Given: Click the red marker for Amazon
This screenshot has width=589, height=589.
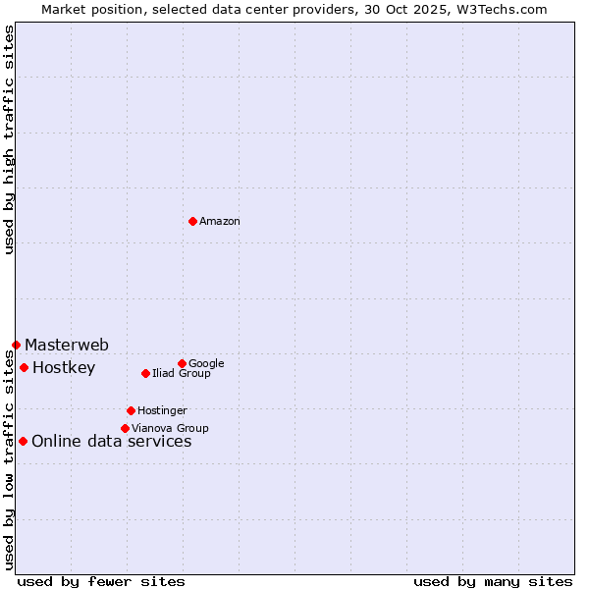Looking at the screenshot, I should [x=192, y=221].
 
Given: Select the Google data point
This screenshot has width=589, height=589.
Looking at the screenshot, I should [x=182, y=363].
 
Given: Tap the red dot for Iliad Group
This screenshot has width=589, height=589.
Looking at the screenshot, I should [x=145, y=373].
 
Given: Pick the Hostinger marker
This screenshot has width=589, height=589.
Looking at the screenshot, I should [x=131, y=410].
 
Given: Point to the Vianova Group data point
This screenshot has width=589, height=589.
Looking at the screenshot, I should [x=125, y=428].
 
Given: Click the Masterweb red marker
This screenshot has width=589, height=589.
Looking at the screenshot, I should [x=16, y=345].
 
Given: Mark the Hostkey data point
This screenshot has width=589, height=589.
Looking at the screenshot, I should [x=24, y=367].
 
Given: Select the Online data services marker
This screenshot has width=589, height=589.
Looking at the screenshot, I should [x=23, y=441].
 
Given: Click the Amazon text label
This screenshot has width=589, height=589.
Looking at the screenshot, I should [x=220, y=222].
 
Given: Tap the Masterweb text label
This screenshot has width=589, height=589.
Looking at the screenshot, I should [x=67, y=345].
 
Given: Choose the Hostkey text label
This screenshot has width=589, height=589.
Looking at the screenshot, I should [x=64, y=368].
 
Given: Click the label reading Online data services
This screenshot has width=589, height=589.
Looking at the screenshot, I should [x=112, y=442].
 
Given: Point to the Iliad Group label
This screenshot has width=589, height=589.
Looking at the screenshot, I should [x=182, y=374].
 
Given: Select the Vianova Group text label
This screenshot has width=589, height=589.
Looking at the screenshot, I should [x=170, y=429].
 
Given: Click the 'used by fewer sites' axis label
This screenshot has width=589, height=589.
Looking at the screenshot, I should [x=101, y=581].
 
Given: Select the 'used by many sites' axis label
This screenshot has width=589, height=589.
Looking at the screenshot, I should [x=493, y=581].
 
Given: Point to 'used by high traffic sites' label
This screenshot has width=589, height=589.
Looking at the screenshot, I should [x=9, y=140].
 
